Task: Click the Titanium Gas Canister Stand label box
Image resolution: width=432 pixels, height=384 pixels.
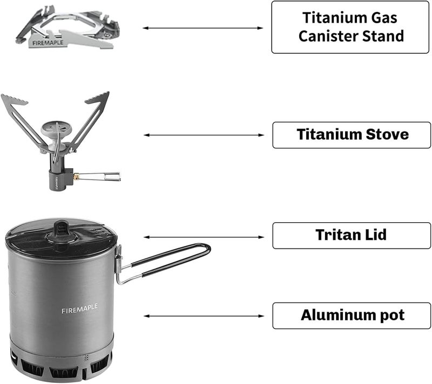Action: click(x=351, y=27)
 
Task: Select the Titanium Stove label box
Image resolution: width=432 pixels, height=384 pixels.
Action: click(x=352, y=135)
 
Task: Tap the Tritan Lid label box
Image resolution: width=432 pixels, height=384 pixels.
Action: click(x=352, y=236)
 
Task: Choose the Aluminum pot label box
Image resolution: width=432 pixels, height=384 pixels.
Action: click(x=352, y=316)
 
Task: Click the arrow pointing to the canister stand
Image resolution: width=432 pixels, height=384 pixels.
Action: click(x=203, y=28)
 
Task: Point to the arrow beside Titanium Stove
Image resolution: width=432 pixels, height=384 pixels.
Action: click(x=203, y=135)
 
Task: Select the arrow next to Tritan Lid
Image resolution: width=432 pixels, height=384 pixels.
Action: click(x=203, y=237)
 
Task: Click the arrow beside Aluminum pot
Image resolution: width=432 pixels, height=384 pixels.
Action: click(x=203, y=316)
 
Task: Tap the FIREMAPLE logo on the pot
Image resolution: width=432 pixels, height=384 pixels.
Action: click(x=79, y=307)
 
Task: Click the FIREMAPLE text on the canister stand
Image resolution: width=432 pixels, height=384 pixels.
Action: click(x=47, y=43)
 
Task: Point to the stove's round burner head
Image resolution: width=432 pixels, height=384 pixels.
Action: click(x=56, y=128)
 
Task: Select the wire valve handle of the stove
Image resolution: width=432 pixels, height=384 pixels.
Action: click(x=103, y=176)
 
